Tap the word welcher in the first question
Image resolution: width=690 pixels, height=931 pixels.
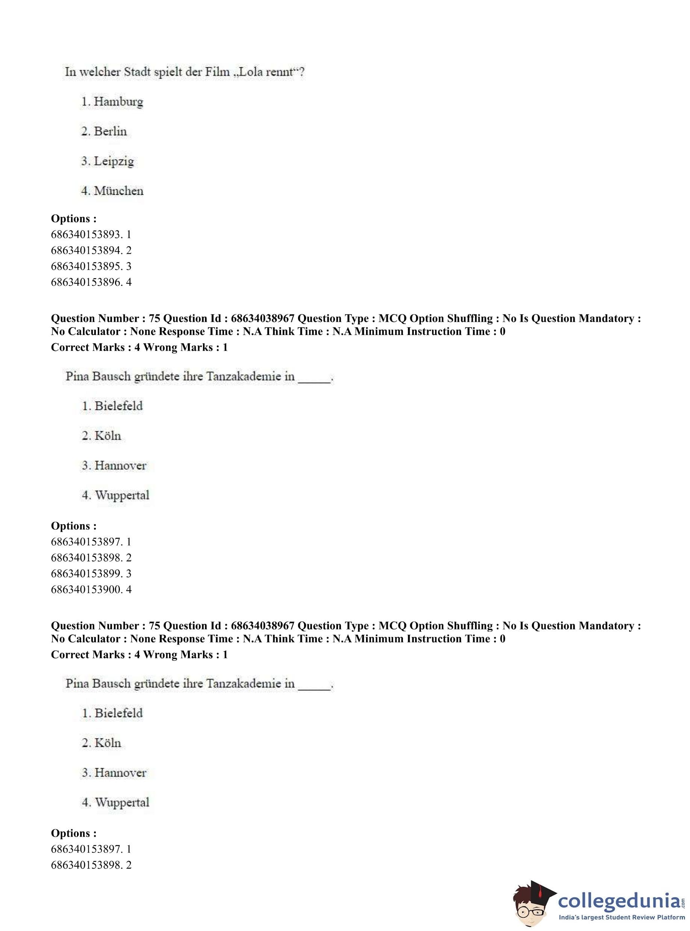100,72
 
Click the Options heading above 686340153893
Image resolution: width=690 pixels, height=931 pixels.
74,218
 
